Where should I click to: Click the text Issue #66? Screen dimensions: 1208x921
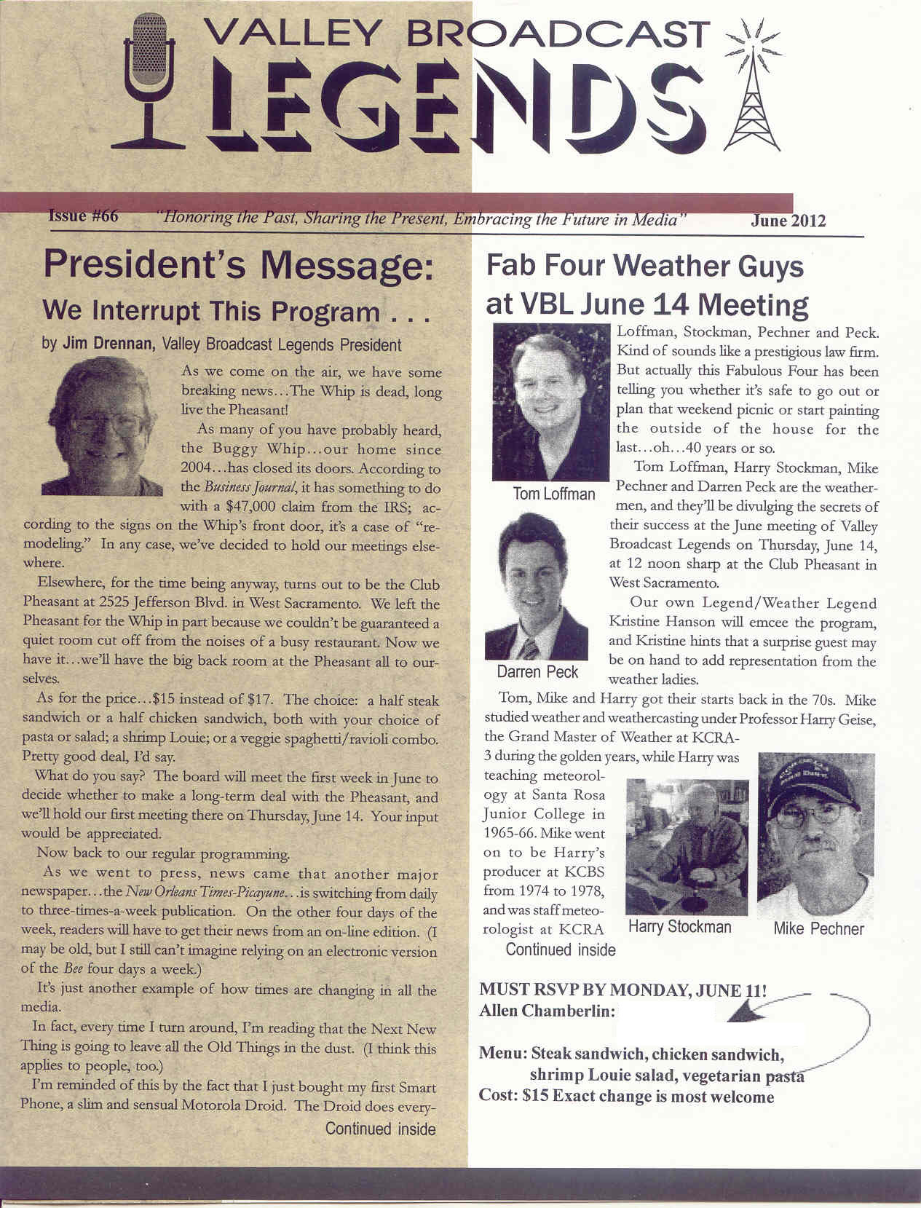click(83, 216)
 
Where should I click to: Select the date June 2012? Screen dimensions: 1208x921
click(788, 221)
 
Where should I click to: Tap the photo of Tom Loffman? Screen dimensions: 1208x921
click(551, 401)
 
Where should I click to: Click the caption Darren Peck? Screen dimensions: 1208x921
click(537, 671)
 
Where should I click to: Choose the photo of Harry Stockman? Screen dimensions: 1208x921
click(687, 847)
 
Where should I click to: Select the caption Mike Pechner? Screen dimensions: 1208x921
click(819, 928)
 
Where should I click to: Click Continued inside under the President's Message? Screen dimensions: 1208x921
click(380, 1129)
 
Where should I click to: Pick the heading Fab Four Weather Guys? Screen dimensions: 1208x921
click(644, 267)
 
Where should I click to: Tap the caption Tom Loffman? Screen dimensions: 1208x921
click(553, 494)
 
